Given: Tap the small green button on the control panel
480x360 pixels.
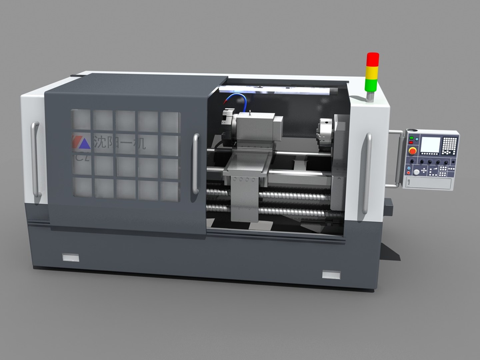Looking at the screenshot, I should pyautogui.click(x=411, y=138).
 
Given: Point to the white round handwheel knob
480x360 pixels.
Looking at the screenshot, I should pyautogui.click(x=417, y=172).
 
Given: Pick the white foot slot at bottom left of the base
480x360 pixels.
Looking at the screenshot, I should pyautogui.click(x=71, y=257).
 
